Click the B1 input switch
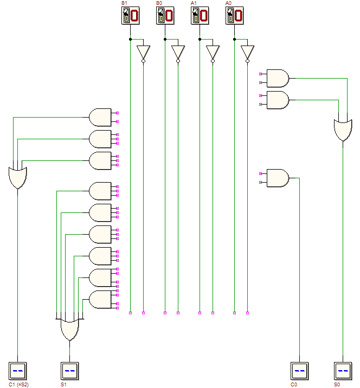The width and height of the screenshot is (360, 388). pyautogui.click(x=131, y=16)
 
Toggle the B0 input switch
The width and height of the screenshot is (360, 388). pyautogui.click(x=165, y=16)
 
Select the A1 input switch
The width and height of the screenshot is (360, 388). pyautogui.click(x=200, y=16)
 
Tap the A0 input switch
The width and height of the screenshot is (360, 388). pyautogui.click(x=234, y=16)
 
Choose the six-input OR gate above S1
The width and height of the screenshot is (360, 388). pyautogui.click(x=69, y=329)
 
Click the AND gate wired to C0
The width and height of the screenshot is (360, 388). pyautogui.click(x=278, y=178)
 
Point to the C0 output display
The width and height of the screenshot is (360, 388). pyautogui.click(x=300, y=371)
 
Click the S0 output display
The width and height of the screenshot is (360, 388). pyautogui.click(x=343, y=371)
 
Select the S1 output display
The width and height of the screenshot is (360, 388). pyautogui.click(x=69, y=371)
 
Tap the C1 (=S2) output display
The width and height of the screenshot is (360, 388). pyautogui.click(x=17, y=371)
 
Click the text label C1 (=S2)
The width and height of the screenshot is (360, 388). pyautogui.click(x=18, y=385)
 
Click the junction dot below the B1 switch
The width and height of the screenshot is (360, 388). pyautogui.click(x=131, y=39)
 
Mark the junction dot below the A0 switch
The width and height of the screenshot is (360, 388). pyautogui.click(x=234, y=39)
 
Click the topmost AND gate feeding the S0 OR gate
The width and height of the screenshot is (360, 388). pyautogui.click(x=278, y=78)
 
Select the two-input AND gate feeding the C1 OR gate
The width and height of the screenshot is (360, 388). pyautogui.click(x=100, y=117)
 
